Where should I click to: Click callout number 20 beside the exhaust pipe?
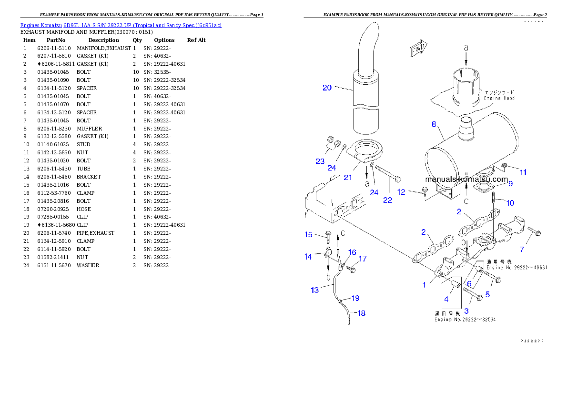pyautogui.click(x=327, y=88)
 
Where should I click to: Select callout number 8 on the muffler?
pyautogui.click(x=434, y=124)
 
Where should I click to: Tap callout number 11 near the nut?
pyautogui.click(x=523, y=172)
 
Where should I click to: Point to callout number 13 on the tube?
pyautogui.click(x=315, y=290)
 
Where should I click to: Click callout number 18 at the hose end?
pyautogui.click(x=362, y=313)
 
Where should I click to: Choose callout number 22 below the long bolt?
pyautogui.click(x=388, y=200)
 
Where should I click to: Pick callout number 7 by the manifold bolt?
pyautogui.click(x=522, y=249)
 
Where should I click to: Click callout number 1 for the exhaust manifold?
pyautogui.click(x=424, y=285)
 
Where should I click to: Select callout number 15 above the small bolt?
pyautogui.click(x=309, y=234)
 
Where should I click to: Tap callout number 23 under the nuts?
pyautogui.click(x=320, y=161)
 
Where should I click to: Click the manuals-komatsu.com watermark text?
pyautogui.click(x=466, y=180)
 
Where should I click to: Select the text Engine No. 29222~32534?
pyautogui.click(x=465, y=319)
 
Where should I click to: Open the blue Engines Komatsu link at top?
pyautogui.click(x=121, y=25)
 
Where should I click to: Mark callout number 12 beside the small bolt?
pyautogui.click(x=401, y=192)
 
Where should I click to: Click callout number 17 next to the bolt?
pyautogui.click(x=363, y=259)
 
